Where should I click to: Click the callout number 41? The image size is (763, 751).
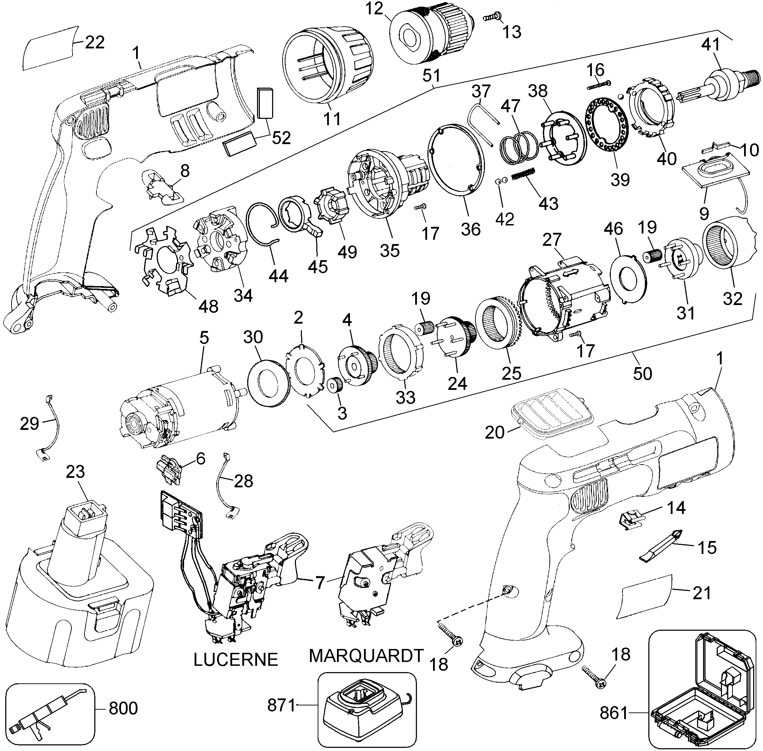click(x=710, y=45)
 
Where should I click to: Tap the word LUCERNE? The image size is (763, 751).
click(x=236, y=659)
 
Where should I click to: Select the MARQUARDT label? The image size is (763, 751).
click(x=366, y=655)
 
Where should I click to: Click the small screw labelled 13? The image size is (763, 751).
click(x=492, y=16)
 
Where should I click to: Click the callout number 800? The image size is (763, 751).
click(x=123, y=708)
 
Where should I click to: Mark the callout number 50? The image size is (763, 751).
click(x=642, y=373)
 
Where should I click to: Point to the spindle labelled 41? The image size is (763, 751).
click(x=714, y=89)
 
